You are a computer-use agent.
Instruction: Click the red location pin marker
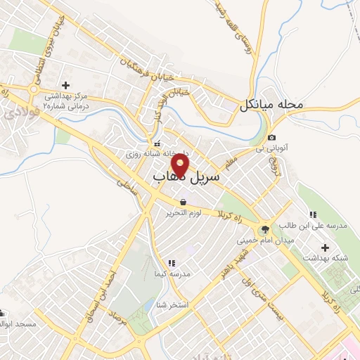coord(181,165)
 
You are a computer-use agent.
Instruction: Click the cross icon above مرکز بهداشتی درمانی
coord(65,85)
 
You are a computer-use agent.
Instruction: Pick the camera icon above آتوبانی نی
coord(271,137)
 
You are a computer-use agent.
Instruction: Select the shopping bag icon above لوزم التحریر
coord(184,202)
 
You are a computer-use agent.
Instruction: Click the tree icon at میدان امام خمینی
coord(265,229)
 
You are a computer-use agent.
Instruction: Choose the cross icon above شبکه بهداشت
coord(324,247)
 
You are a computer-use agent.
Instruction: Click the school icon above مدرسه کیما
coord(172,263)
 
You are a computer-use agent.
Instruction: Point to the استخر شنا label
coord(170,304)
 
